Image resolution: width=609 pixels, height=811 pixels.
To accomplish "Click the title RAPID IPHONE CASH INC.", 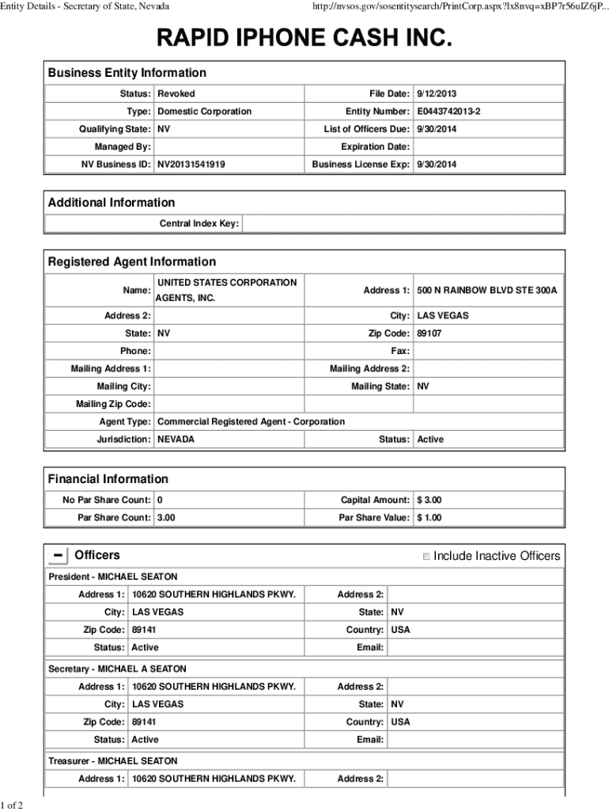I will (304, 39).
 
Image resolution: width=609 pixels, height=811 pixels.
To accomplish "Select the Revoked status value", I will (176, 93).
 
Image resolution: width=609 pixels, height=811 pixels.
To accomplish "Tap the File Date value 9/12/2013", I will (437, 93).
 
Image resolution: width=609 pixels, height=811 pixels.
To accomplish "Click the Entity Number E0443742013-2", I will (448, 112).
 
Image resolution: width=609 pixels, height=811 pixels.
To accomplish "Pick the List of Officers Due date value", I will (437, 129).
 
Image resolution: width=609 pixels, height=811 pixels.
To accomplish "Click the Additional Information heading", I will (112, 203).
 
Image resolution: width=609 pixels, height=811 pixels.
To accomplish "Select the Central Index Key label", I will (199, 224).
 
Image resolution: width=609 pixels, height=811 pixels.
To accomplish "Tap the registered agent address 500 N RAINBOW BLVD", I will (486, 291).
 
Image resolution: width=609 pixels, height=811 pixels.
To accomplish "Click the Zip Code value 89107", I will (429, 333).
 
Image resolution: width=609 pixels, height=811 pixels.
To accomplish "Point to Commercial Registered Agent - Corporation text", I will (251, 421).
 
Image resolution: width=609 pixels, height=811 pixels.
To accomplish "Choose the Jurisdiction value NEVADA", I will (176, 439).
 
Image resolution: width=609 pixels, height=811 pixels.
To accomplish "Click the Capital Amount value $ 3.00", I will (429, 500).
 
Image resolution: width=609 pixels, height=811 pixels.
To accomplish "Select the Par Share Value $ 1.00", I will (429, 517).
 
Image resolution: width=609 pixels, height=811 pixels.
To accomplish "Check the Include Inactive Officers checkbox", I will (426, 557).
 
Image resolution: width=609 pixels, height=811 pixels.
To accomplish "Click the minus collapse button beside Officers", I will (58, 556).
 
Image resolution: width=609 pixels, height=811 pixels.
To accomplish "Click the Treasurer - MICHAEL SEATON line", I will (113, 761).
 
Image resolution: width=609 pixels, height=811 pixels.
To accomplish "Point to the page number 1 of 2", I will (12, 805).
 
